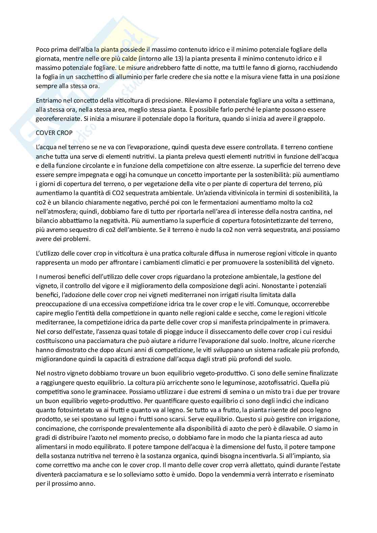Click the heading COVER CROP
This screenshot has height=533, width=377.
click(54, 133)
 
